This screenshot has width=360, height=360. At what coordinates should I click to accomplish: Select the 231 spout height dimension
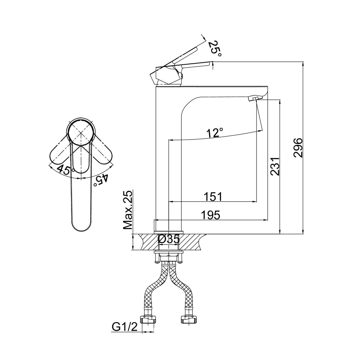click(x=275, y=166)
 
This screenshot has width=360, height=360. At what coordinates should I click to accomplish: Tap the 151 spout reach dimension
click(x=213, y=196)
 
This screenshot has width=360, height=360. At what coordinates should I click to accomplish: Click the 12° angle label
click(x=215, y=133)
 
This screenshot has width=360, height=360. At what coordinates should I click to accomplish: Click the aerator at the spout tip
click(x=253, y=98)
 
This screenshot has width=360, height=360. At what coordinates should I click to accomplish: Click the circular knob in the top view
click(x=81, y=133)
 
